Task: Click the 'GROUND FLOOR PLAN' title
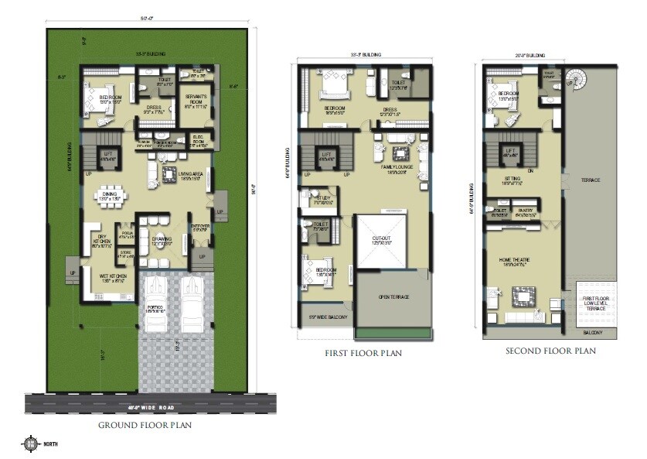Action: click(145, 425)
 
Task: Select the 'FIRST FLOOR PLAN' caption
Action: click(363, 354)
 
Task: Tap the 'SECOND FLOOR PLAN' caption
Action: click(550, 351)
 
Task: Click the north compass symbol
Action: click(30, 444)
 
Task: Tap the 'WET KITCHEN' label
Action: click(113, 275)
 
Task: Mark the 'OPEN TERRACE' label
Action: click(393, 296)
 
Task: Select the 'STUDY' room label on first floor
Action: click(322, 198)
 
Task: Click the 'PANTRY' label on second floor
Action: click(525, 210)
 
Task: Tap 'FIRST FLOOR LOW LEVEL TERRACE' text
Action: click(596, 302)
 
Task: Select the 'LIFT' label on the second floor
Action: click(510, 150)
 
